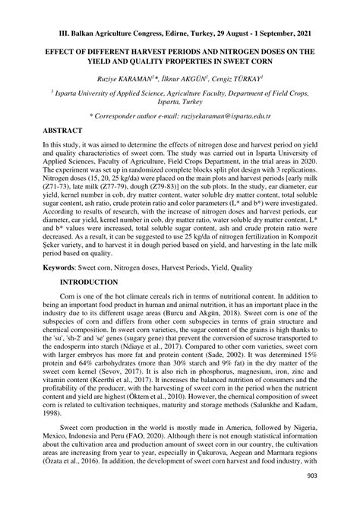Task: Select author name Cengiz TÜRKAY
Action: click(x=235, y=77)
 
